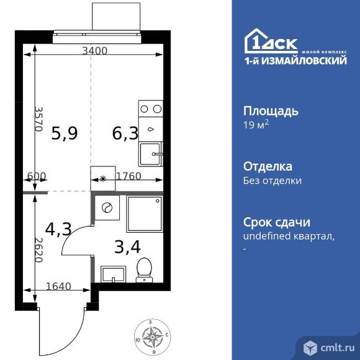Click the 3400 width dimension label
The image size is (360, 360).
click(95, 51)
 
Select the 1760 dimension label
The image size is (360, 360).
click(128, 176)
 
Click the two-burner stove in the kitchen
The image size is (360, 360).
click(151, 110)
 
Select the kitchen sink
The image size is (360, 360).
click(151, 153)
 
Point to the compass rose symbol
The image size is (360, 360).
click(151, 338)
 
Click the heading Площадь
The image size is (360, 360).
click(270, 112)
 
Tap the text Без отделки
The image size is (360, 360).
click(272, 181)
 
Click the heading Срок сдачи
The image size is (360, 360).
click(276, 222)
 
